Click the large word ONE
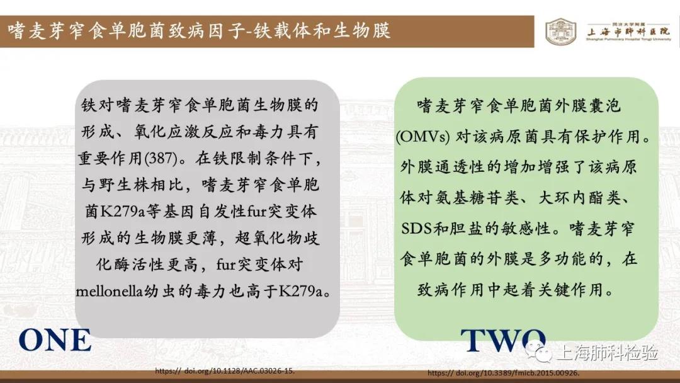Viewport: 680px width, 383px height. coord(55,340)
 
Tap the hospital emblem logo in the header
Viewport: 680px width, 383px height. coord(560,31)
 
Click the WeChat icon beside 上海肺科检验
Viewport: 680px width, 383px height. coord(540,352)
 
